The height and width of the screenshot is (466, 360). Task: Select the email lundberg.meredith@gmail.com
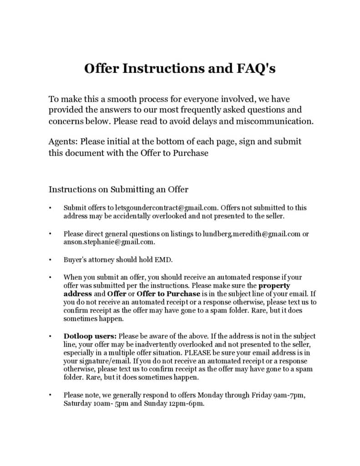252,234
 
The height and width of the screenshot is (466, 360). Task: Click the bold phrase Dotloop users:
90,337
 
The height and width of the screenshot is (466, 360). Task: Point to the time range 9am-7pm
289,395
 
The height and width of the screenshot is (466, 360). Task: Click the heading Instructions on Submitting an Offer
118,189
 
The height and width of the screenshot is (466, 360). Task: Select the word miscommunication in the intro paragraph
279,122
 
